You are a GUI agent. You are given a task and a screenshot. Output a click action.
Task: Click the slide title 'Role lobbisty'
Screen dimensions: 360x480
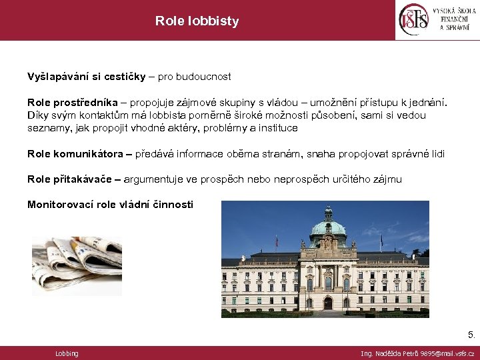coord(197,21)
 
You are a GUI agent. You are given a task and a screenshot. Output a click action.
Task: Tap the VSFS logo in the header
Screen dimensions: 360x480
coord(413,20)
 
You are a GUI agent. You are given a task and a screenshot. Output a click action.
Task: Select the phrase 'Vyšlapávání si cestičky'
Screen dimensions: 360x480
coord(86,77)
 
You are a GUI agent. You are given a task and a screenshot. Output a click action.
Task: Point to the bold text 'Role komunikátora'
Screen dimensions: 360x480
coord(74,154)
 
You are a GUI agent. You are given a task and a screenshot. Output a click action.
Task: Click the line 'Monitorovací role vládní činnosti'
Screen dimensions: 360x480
coord(110,205)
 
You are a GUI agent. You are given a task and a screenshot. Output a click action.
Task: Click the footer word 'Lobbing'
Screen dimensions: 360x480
coord(67,353)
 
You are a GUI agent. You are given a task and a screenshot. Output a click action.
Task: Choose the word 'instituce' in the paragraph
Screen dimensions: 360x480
coord(277,127)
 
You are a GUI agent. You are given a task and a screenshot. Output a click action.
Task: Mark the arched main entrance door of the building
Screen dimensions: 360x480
coord(327,304)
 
